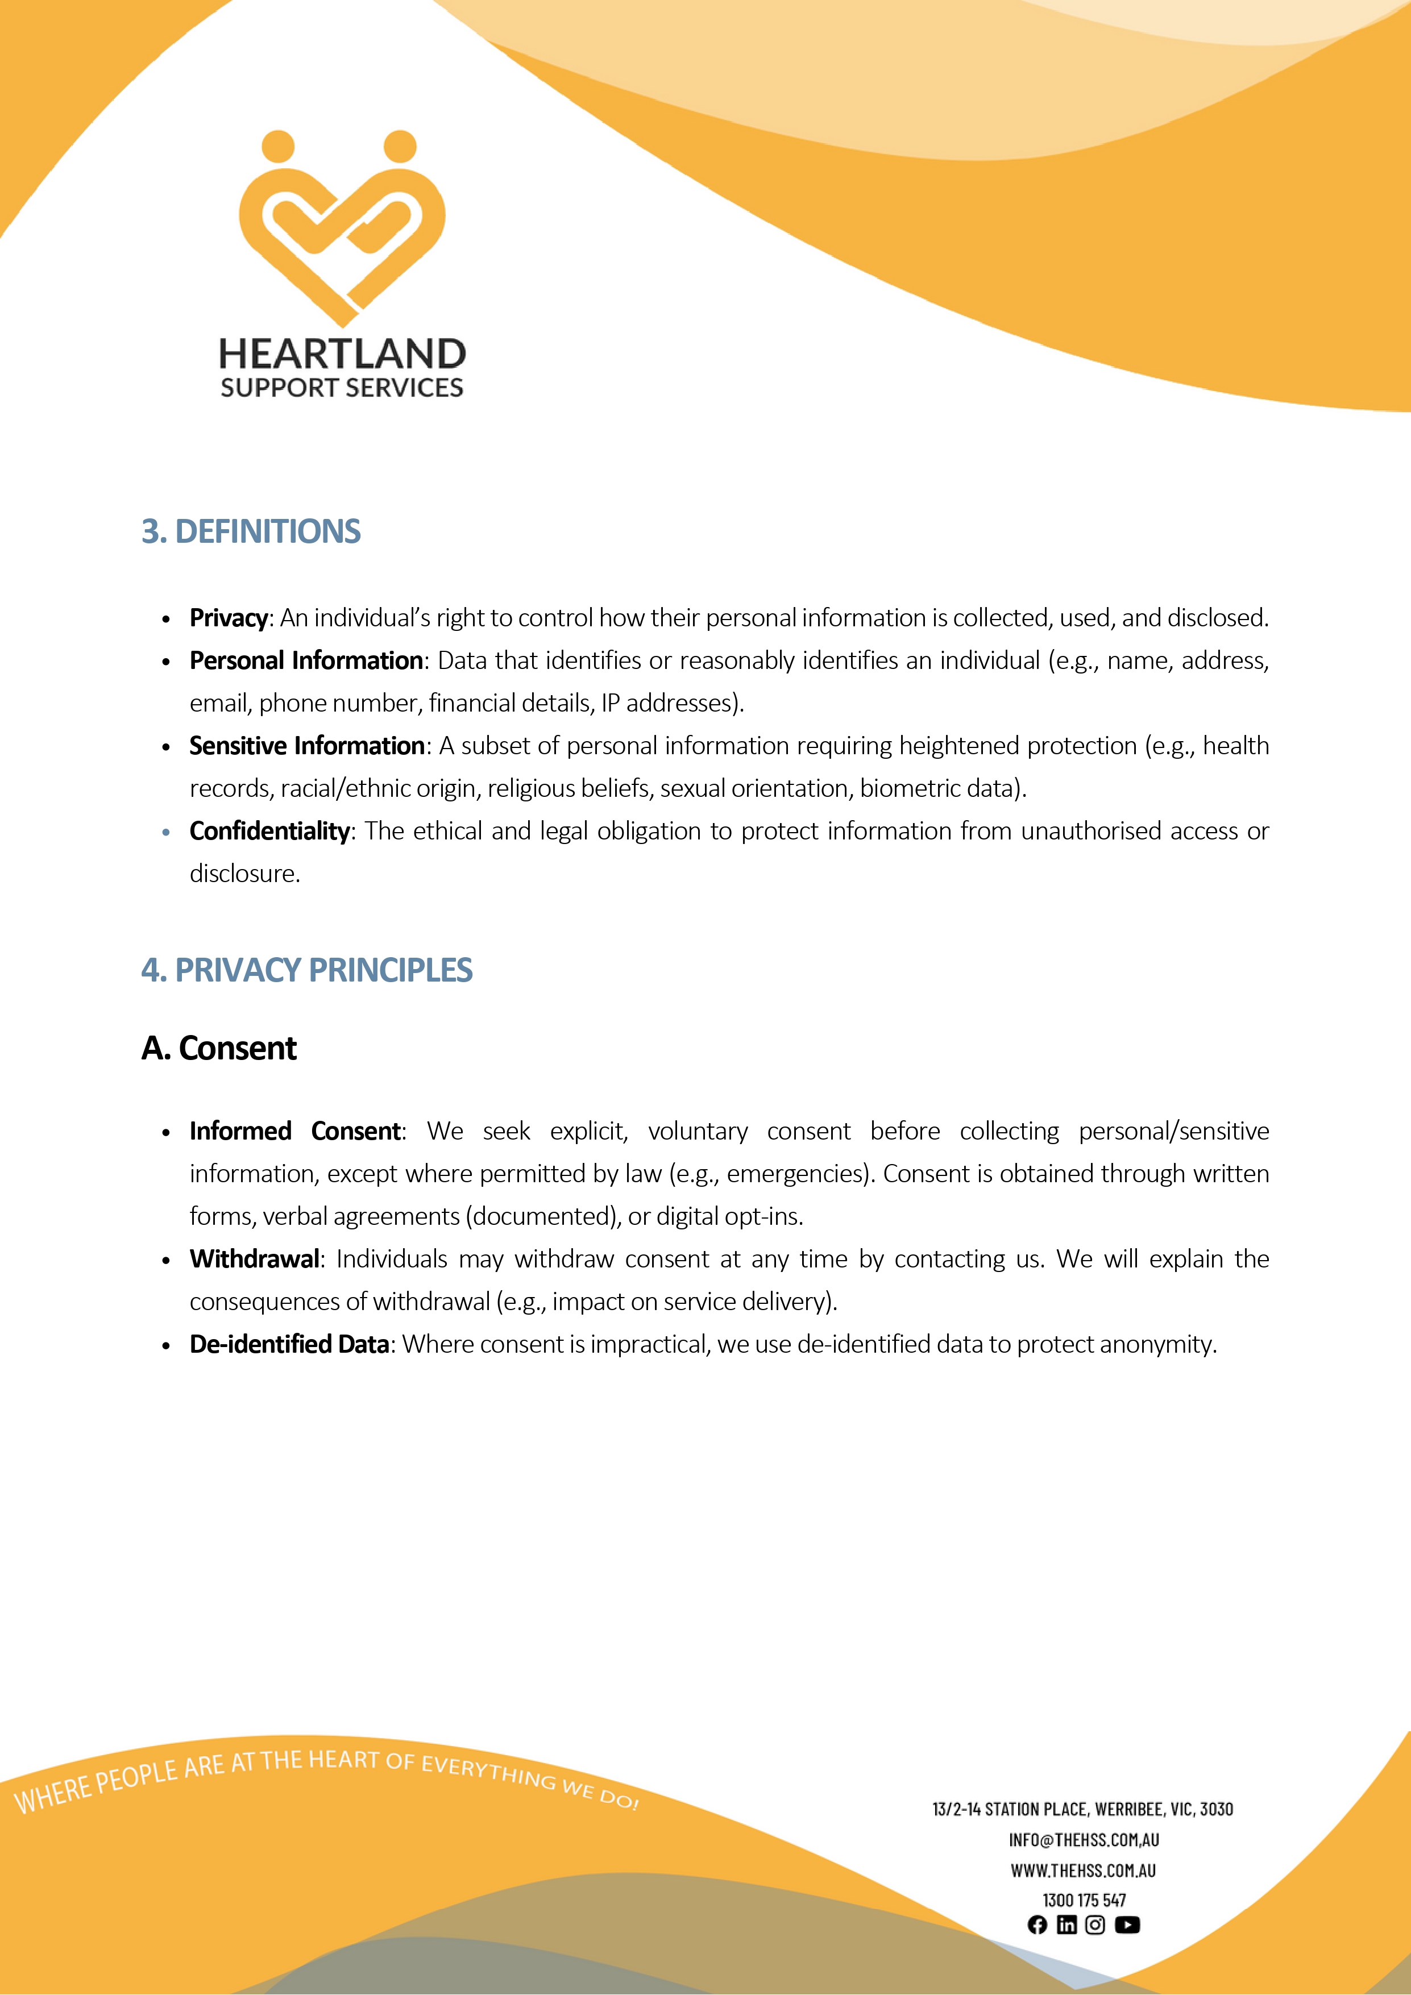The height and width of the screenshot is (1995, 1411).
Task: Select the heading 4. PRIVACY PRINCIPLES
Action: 306,970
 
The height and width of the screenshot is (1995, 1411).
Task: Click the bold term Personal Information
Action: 306,660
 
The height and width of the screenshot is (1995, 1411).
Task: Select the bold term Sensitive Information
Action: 306,746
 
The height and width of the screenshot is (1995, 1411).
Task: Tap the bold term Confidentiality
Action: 269,830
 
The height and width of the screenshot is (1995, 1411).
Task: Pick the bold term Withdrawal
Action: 255,1258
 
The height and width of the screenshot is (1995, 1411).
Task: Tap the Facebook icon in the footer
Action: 1036,1925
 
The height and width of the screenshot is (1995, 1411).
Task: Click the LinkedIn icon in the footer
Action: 1066,1925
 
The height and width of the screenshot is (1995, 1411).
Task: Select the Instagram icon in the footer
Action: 1095,1925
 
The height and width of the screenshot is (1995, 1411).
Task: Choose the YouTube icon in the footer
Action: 1127,1925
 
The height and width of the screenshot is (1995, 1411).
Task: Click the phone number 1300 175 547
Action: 1084,1900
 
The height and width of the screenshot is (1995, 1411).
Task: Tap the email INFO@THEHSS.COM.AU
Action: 1084,1839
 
